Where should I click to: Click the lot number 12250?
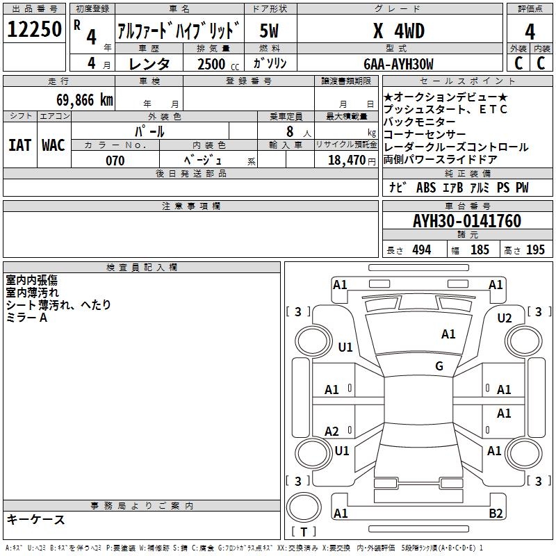point(34,29)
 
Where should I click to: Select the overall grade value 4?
point(530,32)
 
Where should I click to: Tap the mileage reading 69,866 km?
point(85,100)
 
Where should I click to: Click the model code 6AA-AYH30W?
point(398,64)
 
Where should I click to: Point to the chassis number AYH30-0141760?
point(467,221)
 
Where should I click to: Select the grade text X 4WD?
point(399,31)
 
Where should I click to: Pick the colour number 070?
point(115,161)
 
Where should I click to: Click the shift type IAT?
point(20,145)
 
